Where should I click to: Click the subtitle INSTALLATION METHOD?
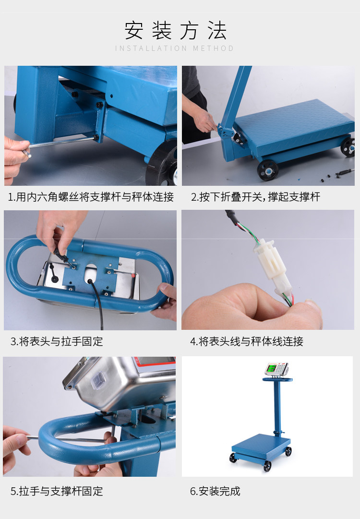[x=175, y=48]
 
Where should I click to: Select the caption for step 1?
[x=91, y=197]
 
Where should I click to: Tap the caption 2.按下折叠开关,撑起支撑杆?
[x=255, y=197]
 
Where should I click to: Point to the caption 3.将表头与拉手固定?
[x=57, y=341]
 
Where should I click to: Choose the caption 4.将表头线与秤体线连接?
[x=247, y=341]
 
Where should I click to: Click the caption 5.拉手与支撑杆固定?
[x=57, y=491]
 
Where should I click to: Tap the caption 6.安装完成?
[x=215, y=491]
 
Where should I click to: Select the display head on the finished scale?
[x=276, y=369]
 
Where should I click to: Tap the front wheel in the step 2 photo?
[x=268, y=170]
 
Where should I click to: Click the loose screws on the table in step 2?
[x=334, y=175]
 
